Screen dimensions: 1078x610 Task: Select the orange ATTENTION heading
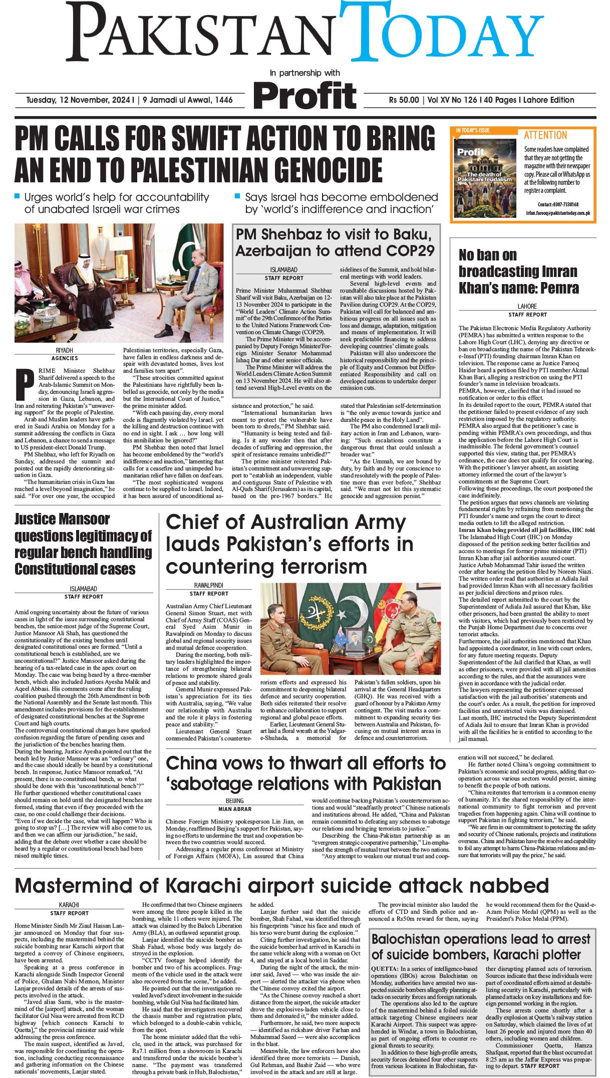click(545, 135)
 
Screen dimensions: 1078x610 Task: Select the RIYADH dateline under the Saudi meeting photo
click(65, 350)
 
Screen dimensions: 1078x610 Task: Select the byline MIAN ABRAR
click(234, 809)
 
